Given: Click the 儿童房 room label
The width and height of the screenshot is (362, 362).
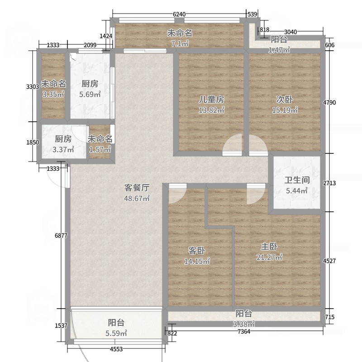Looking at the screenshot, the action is coord(211,100).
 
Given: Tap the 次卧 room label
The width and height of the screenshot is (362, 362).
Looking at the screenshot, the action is coord(285,100).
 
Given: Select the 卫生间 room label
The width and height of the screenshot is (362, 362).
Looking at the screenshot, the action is coord(297,180).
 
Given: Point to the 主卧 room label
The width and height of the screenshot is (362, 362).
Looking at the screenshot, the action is coord(269,247).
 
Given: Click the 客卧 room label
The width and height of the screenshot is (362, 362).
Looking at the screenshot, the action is coord(197,251).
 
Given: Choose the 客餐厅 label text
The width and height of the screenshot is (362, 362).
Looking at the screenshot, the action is coord(137,188).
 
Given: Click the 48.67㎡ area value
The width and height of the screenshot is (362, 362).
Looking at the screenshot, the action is coord(137,198).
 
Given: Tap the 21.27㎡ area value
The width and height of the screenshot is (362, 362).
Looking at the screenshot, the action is coord(269,257).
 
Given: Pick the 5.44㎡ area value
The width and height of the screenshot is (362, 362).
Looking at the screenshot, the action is coord(297,191).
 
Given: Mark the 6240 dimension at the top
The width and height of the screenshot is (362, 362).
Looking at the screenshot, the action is coord(179,14).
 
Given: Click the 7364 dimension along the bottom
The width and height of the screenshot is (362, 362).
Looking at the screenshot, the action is coord(244,332).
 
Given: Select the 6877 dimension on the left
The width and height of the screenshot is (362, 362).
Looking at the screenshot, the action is coord(61,236).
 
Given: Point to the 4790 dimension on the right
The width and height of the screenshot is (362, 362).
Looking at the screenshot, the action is coord(329,103).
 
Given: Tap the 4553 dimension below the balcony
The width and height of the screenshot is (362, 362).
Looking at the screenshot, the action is coord(116,349).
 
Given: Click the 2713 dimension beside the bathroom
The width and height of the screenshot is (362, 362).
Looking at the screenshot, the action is coord(329,183).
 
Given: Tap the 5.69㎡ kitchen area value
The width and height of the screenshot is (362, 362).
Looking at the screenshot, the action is coord(90,94).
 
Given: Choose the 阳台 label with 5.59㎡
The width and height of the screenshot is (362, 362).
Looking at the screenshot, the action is coord(116,323).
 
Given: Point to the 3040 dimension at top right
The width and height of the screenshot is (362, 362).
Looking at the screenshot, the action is coord(291,32).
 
